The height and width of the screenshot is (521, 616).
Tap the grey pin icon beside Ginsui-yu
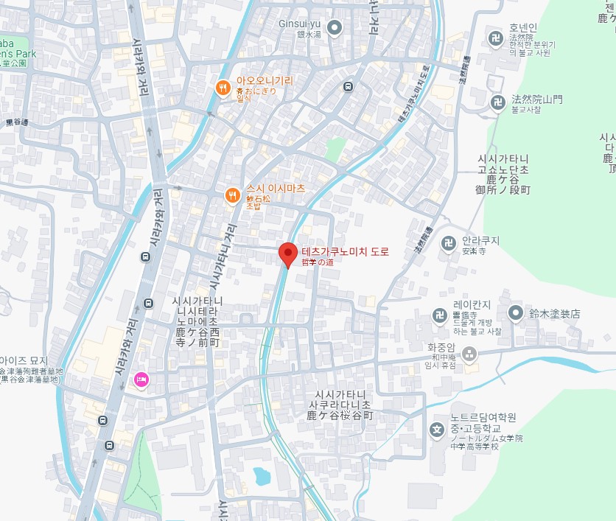point(335,29)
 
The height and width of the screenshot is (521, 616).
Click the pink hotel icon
point(141,380)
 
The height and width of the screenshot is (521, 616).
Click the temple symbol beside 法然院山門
point(499,102)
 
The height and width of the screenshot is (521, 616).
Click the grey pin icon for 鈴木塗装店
point(516,313)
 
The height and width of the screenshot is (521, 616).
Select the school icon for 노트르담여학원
point(437,430)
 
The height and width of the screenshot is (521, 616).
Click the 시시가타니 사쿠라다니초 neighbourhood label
point(340,405)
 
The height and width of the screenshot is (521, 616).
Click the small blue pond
point(261,476)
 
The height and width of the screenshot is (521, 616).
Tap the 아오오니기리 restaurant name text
point(265,81)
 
